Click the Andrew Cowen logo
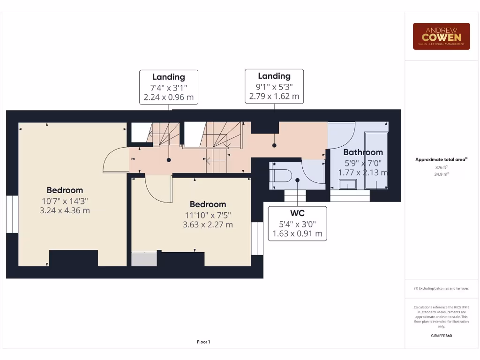point(441,36)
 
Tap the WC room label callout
point(297,224)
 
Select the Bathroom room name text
point(363,152)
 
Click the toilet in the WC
point(281,176)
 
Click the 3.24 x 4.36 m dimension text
point(65,210)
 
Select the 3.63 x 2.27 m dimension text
point(208,225)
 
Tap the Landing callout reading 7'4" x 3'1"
point(169,87)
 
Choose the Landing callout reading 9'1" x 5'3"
point(274,86)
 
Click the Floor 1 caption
point(203,342)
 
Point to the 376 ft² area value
point(441,167)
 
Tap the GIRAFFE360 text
point(441,336)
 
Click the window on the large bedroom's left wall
point(12,214)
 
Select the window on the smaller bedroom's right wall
point(257,238)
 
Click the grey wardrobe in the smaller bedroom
point(144,259)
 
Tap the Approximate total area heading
point(441,159)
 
